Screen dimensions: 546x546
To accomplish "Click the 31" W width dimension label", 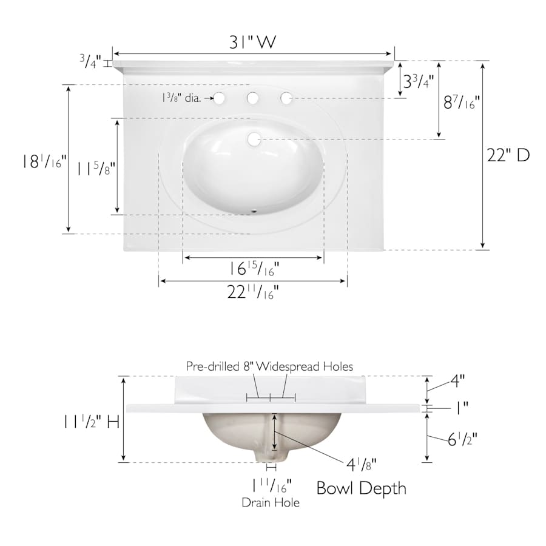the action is pyautogui.click(x=252, y=42).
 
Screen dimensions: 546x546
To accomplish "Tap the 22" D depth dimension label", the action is pyautogui.click(x=508, y=155).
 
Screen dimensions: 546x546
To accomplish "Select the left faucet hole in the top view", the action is pyautogui.click(x=219, y=98).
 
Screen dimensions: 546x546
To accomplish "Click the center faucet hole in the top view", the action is pyautogui.click(x=252, y=98).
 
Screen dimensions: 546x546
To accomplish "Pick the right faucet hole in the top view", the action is pyautogui.click(x=286, y=98).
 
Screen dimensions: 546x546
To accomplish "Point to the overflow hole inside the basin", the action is pyautogui.click(x=255, y=140).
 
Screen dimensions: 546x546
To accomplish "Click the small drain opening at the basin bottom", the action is pyautogui.click(x=254, y=211).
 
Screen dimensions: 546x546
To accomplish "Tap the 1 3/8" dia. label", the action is pyautogui.click(x=181, y=98).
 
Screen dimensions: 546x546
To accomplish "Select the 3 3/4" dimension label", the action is pyautogui.click(x=419, y=82).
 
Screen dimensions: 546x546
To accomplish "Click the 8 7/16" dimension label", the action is pyautogui.click(x=462, y=103).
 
